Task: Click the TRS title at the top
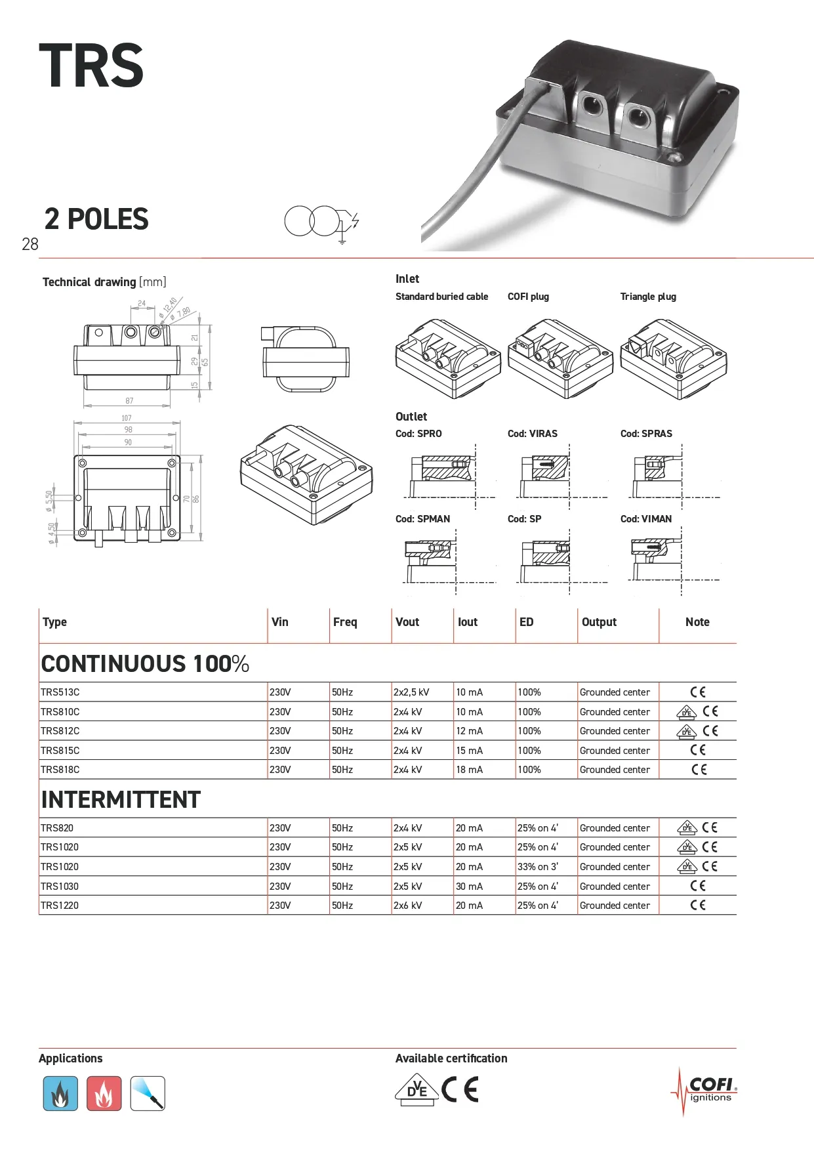point(91,66)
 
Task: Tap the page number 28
point(30,245)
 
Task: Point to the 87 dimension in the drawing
point(129,400)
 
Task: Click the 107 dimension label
point(127,418)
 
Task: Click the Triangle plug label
point(648,297)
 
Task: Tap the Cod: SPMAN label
point(422,519)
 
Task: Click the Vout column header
point(407,622)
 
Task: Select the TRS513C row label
point(60,692)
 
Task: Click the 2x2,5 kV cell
point(411,692)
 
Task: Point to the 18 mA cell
point(469,770)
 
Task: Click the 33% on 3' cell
point(538,867)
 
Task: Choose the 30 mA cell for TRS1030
point(469,887)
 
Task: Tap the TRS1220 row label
point(59,906)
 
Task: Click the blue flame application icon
point(60,1093)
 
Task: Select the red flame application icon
point(104,1093)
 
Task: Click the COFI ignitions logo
point(706,1091)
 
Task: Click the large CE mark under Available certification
point(460,1090)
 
